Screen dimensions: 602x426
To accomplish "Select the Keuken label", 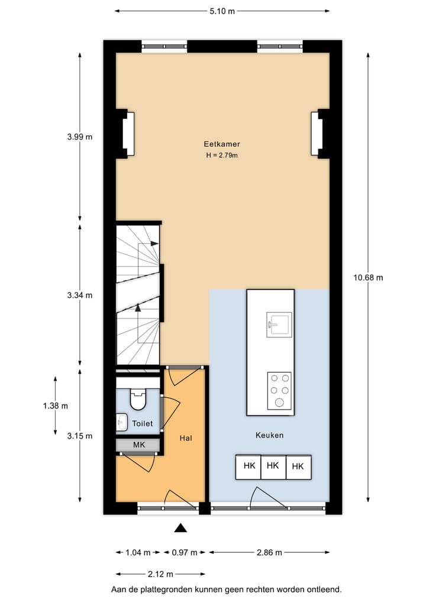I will [x=269, y=435].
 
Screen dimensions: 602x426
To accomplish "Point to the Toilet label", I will [x=143, y=423].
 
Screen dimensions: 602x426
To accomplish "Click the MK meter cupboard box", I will [x=138, y=445].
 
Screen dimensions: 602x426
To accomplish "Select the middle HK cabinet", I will [x=273, y=466].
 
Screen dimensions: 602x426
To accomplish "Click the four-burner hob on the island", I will [x=279, y=390].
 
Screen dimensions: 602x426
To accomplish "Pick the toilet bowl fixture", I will [x=138, y=399].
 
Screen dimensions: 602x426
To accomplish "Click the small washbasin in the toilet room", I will [x=122, y=423].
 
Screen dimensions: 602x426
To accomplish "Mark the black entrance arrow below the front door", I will [x=181, y=528].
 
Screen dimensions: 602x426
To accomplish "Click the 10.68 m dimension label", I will [x=368, y=278].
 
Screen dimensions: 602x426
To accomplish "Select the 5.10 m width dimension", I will [x=222, y=11].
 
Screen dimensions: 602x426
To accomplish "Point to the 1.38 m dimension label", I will [x=55, y=405].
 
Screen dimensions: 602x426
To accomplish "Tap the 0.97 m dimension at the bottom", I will [x=184, y=553].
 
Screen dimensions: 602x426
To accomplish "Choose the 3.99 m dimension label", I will [x=80, y=137].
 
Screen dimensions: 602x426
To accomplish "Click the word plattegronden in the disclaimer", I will [x=172, y=590].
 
